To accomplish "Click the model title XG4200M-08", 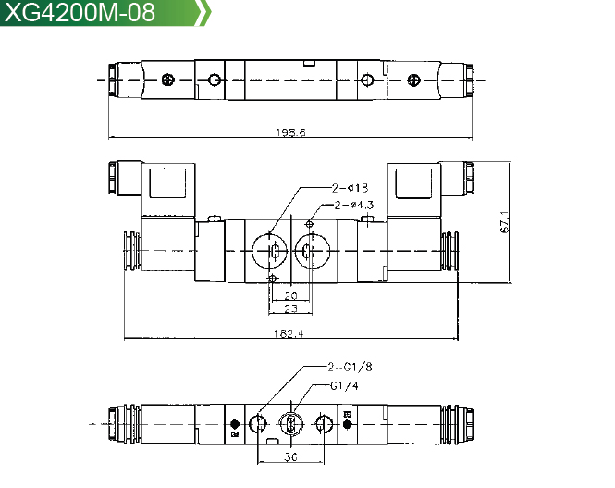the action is point(80,12).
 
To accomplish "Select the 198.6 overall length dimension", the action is point(290,132).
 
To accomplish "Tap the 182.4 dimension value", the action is point(289,333).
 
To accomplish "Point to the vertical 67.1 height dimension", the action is point(505,222).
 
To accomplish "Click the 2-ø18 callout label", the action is point(350,188).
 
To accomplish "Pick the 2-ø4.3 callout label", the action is point(354,205).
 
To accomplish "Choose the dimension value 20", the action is point(290,295).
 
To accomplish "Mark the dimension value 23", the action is point(290,308).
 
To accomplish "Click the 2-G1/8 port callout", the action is point(350,367).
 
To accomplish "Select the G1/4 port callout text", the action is point(344,386).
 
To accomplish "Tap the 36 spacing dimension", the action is point(290,457).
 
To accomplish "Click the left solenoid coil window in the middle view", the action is point(167,183).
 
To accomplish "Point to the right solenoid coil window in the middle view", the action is point(413,183).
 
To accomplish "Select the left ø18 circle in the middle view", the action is point(269,251).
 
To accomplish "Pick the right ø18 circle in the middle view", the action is point(313,251).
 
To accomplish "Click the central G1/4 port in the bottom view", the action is point(291,424).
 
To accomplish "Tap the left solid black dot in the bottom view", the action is point(235,424).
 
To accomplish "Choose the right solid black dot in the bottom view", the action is point(347,424).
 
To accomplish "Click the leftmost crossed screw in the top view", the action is point(168,80).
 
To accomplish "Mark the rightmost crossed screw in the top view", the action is point(413,80).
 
